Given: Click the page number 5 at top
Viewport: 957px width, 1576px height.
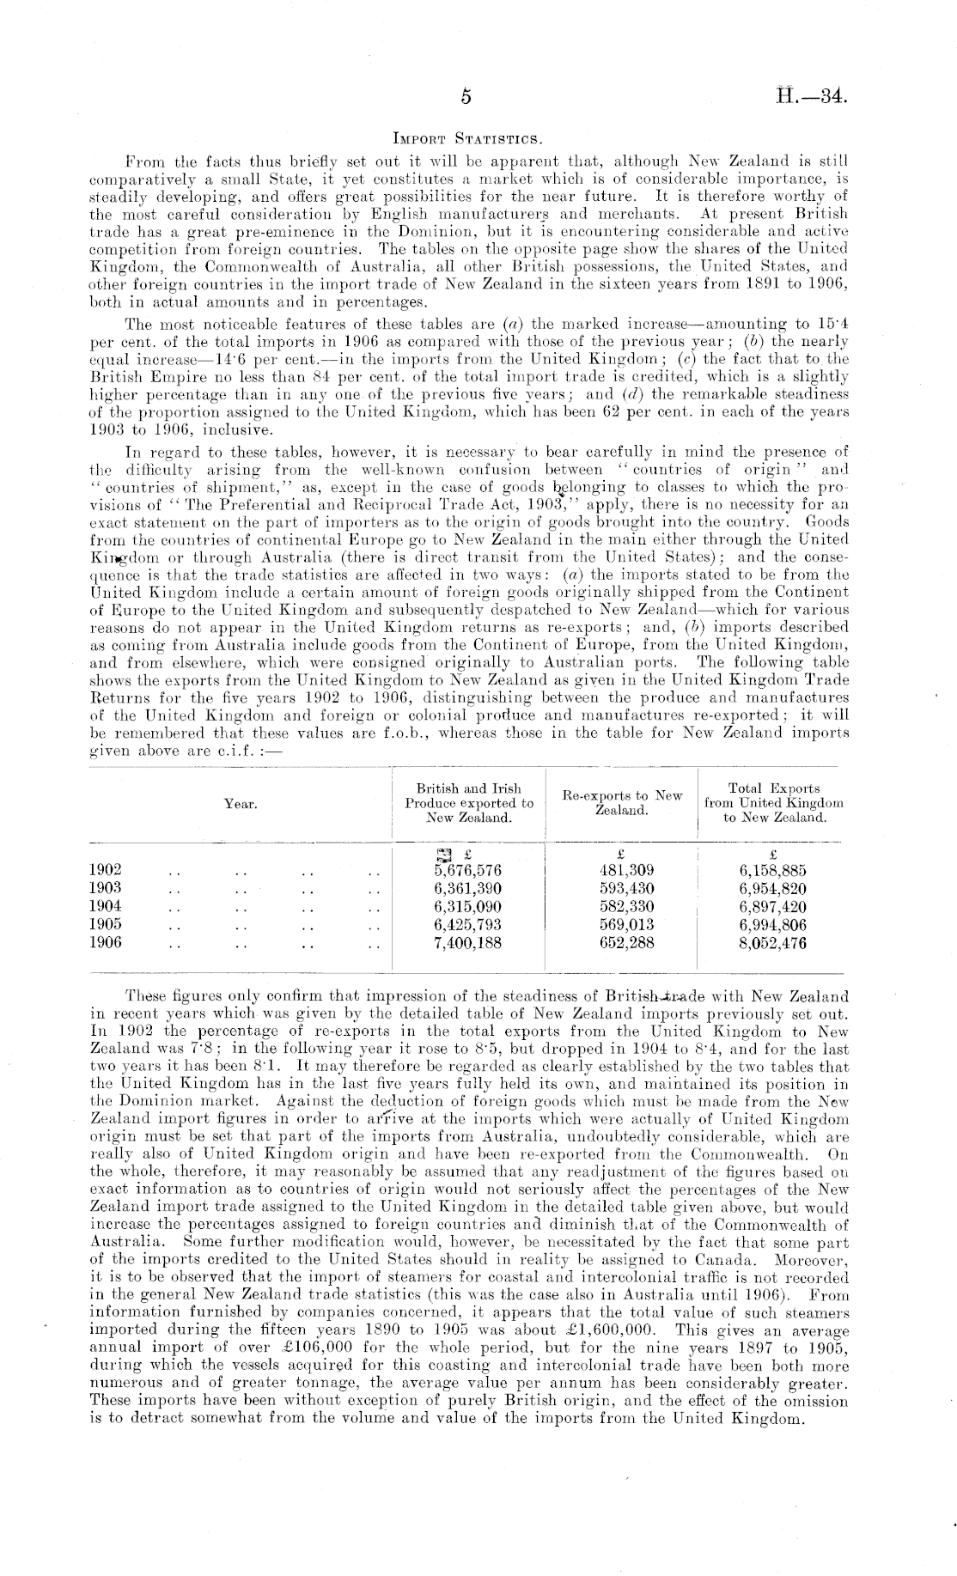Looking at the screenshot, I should pyautogui.click(x=466, y=97).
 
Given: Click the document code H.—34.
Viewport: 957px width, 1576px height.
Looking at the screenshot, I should pyautogui.click(x=812, y=96).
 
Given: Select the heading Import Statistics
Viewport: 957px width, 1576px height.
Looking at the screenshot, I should pyautogui.click(x=466, y=137).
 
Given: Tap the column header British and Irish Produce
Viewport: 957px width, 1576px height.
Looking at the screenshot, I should pyautogui.click(x=469, y=803).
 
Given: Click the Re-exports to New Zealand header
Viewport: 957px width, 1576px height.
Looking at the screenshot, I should pyautogui.click(x=622, y=803).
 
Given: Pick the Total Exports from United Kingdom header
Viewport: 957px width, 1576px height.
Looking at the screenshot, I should pyautogui.click(x=773, y=803).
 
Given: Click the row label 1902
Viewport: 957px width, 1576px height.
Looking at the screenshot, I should pyautogui.click(x=106, y=869).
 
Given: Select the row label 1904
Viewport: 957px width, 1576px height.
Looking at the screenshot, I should pyautogui.click(x=106, y=906).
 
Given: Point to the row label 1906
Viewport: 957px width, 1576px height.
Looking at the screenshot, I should pyautogui.click(x=106, y=942).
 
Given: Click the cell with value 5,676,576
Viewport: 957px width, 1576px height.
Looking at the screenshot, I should pyautogui.click(x=468, y=869).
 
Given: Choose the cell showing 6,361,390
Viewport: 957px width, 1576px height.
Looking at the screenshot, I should pyautogui.click(x=468, y=888).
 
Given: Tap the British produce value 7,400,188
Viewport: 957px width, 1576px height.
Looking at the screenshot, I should pyautogui.click(x=468, y=942).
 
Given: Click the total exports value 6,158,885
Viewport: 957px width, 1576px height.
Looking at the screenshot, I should pyautogui.click(x=773, y=869).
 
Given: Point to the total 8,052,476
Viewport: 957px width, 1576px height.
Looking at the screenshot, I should pyautogui.click(x=773, y=942).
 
